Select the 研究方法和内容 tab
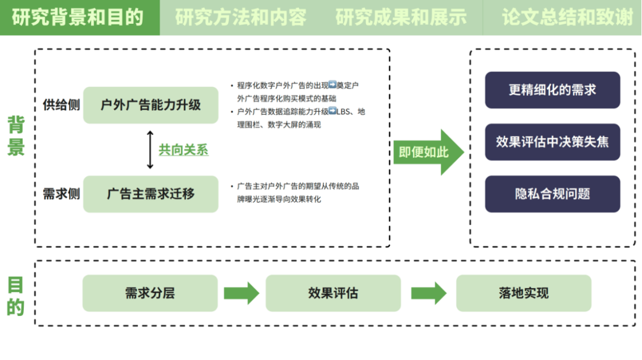pyautogui.click(x=241, y=17)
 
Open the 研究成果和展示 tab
pyautogui.click(x=401, y=17)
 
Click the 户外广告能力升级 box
pyautogui.click(x=150, y=105)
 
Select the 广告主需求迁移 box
pyautogui.click(x=150, y=194)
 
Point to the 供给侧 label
pyautogui.click(x=61, y=105)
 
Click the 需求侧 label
pyautogui.click(x=61, y=194)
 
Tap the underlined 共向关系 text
pyautogui.click(x=183, y=150)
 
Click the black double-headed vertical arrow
pyautogui.click(x=150, y=150)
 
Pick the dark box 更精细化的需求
pyautogui.click(x=552, y=90)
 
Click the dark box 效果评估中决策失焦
pyautogui.click(x=552, y=142)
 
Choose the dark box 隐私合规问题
pyautogui.click(x=552, y=194)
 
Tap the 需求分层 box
pyautogui.click(x=150, y=293)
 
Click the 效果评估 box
pyautogui.click(x=333, y=293)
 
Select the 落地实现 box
pyautogui.click(x=524, y=293)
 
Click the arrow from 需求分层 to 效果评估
pyautogui.click(x=241, y=293)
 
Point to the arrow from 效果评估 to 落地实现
pyautogui.click(x=429, y=293)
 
